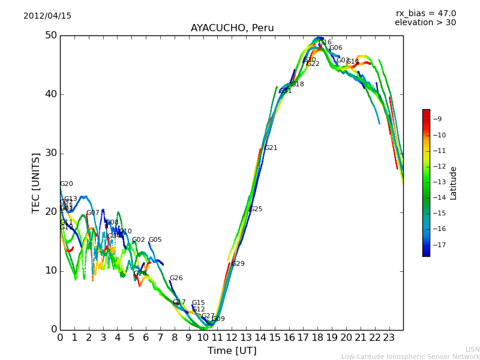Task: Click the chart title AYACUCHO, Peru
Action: tap(232, 28)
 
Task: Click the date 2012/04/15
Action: tap(47, 16)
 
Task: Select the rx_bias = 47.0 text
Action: tap(425, 14)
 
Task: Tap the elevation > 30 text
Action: tap(425, 23)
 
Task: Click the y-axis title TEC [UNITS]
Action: tap(36, 182)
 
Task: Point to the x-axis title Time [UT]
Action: tap(232, 350)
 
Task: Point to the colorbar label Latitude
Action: tap(454, 182)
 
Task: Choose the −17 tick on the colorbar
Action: tap(437, 245)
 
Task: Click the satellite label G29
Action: tap(238, 264)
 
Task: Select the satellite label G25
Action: tap(256, 209)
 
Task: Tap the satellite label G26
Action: tap(176, 278)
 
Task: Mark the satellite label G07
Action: tap(93, 213)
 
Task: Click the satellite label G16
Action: tap(325, 43)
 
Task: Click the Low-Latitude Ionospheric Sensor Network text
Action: tap(410, 356)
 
